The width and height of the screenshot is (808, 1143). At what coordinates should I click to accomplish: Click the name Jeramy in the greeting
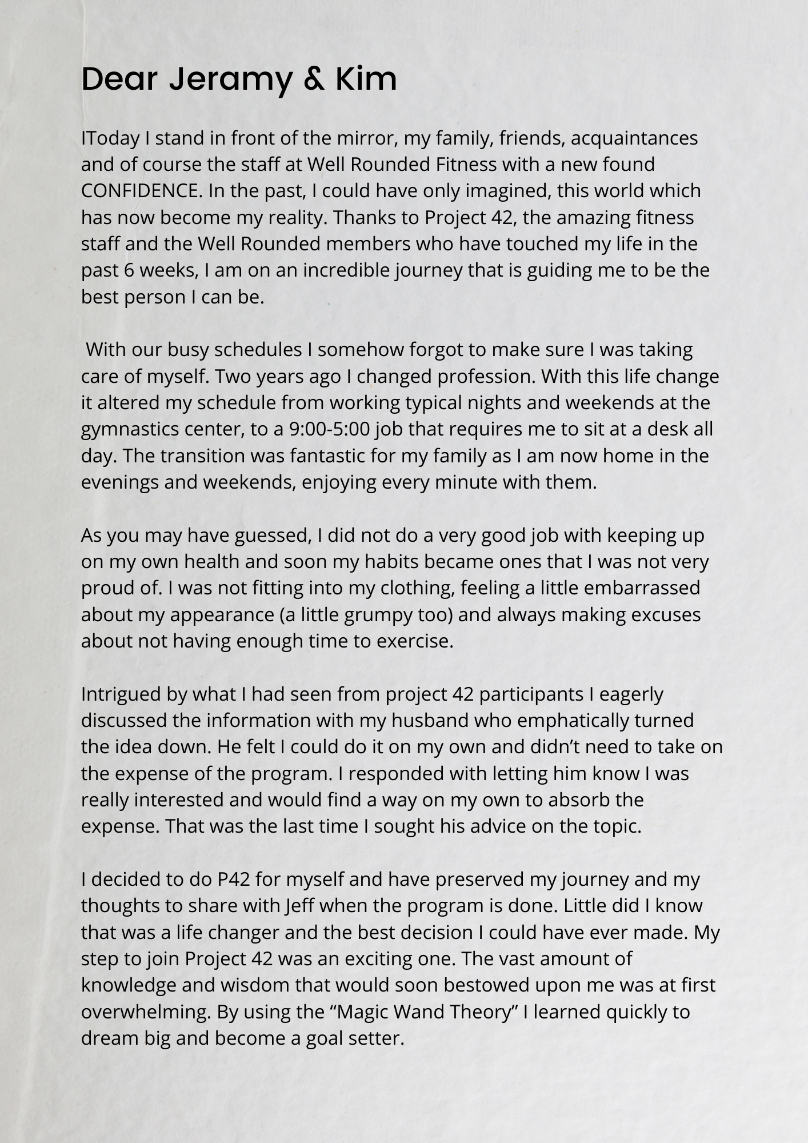click(x=230, y=79)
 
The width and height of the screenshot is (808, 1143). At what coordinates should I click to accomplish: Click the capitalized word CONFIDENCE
click(x=142, y=191)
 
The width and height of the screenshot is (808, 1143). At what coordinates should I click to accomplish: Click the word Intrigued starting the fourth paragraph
click(x=121, y=694)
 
